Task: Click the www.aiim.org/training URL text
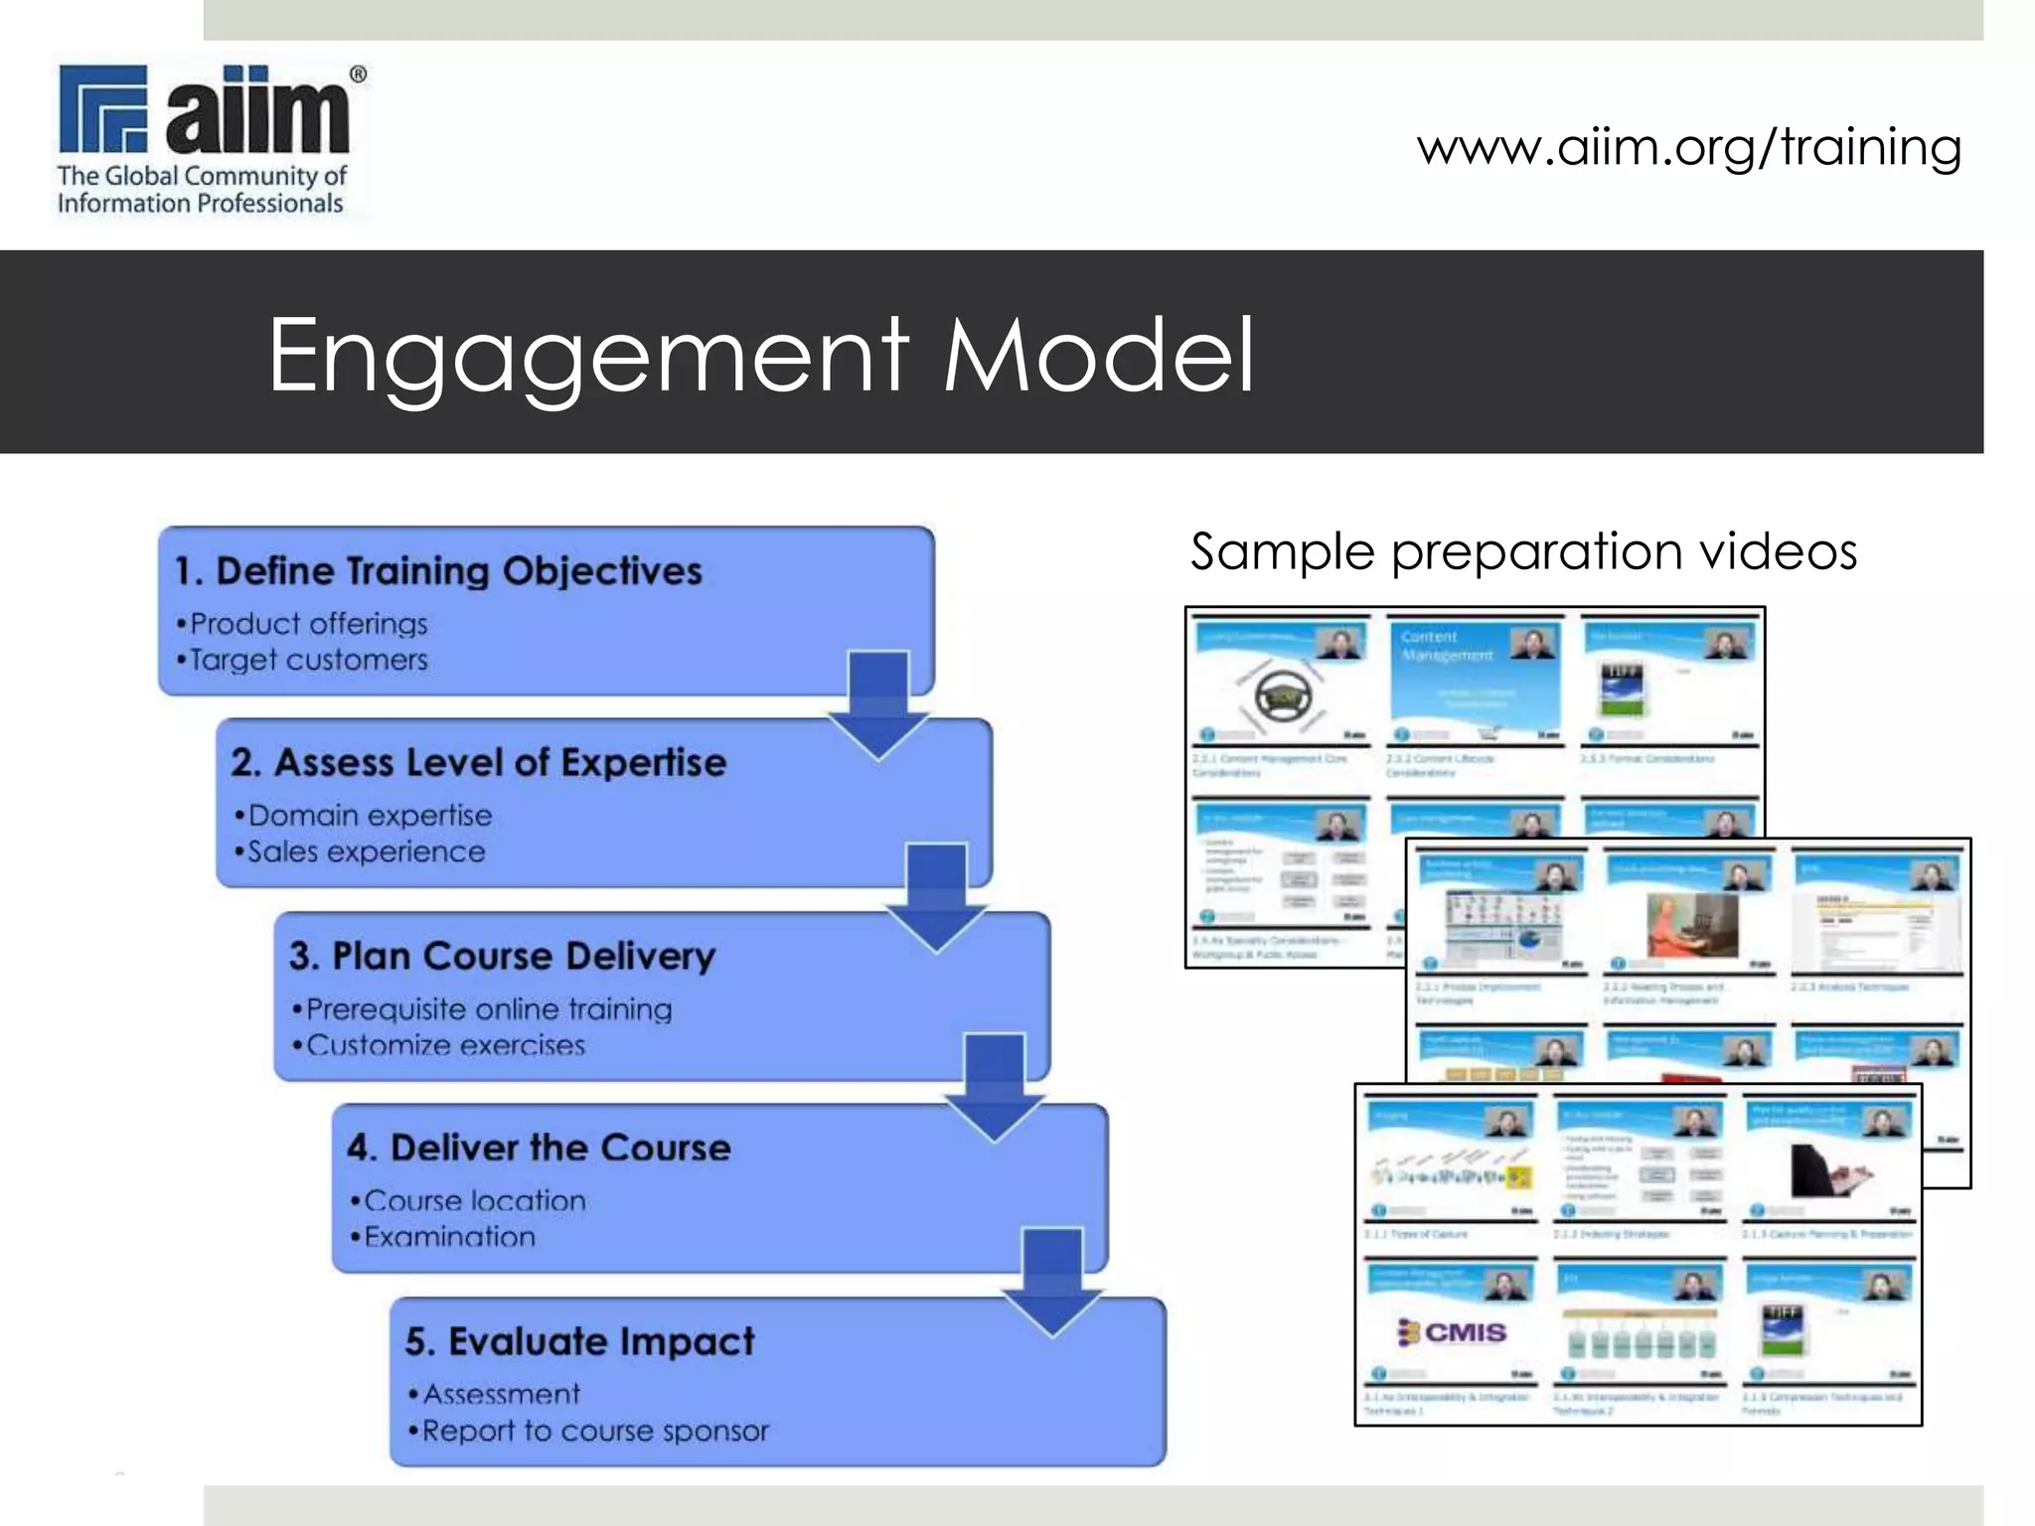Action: [x=1689, y=147]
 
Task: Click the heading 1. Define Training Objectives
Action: [x=439, y=571]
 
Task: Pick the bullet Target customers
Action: [x=308, y=660]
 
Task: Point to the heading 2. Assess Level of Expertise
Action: [x=479, y=763]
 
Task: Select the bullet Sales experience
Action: [x=366, y=851]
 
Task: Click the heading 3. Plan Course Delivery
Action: [x=503, y=956]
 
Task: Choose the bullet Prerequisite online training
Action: [x=489, y=1009]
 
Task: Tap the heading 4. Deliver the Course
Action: [x=540, y=1147]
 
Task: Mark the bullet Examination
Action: [x=449, y=1237]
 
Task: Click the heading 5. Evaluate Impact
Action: [x=580, y=1341]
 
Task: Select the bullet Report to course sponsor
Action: [x=595, y=1431]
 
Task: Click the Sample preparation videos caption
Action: [x=1523, y=551]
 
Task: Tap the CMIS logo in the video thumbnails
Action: [x=1453, y=1331]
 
